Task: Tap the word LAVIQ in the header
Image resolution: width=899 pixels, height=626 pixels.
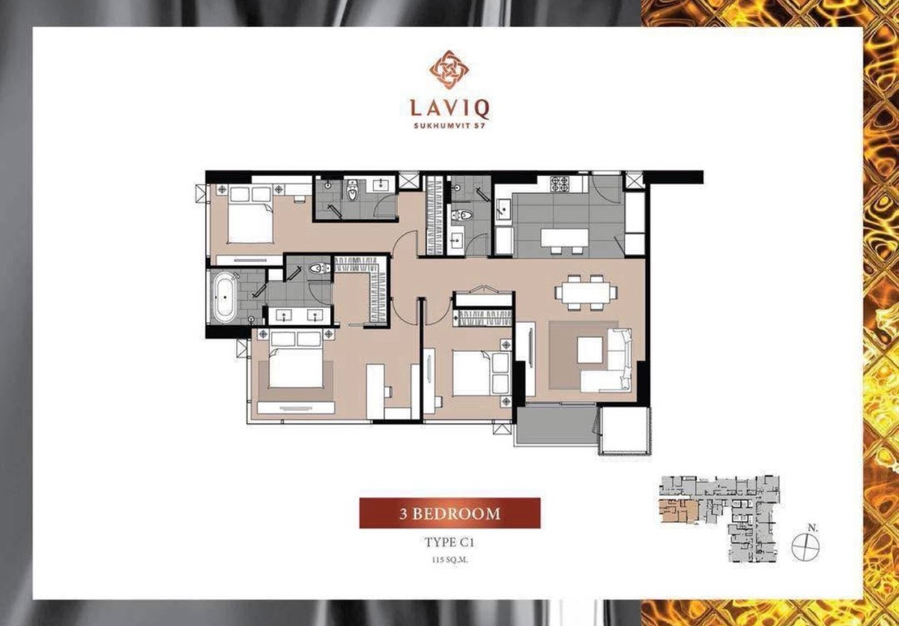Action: pyautogui.click(x=449, y=109)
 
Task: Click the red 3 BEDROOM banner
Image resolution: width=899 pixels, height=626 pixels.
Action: pyautogui.click(x=449, y=513)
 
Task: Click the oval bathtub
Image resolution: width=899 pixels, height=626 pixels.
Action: pyautogui.click(x=225, y=297)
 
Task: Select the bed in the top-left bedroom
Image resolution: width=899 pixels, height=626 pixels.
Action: pyautogui.click(x=248, y=217)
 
